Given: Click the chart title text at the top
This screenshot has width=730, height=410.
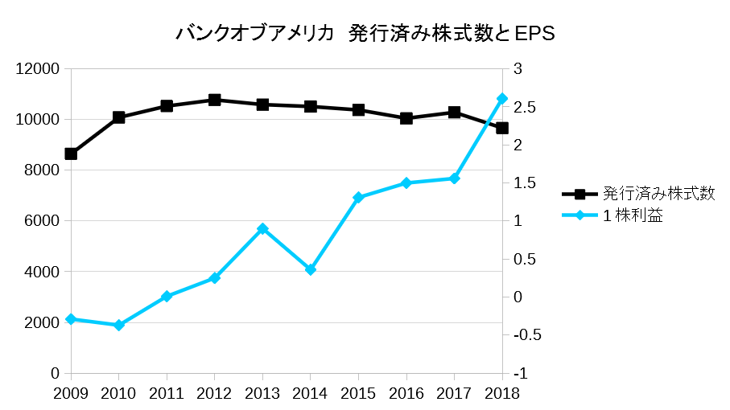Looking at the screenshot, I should click(x=365, y=35).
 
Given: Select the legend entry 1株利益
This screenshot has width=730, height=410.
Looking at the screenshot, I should click(x=633, y=215).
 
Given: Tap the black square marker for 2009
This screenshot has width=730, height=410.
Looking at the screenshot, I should click(x=71, y=154).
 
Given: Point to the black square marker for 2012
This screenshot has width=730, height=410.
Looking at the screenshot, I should click(x=215, y=100).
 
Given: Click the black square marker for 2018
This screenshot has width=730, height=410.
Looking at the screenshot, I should click(x=502, y=128).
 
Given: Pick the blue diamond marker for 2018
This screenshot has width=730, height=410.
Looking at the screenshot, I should click(x=502, y=99).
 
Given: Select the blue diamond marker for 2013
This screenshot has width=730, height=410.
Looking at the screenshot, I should click(x=262, y=229).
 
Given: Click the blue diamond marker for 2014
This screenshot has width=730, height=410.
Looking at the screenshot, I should click(x=311, y=270).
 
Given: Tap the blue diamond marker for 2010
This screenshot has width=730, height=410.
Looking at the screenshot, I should click(x=119, y=326).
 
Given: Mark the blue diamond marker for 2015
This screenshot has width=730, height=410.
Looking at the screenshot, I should click(x=358, y=197).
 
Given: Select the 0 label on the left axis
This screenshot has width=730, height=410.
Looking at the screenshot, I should click(x=55, y=374).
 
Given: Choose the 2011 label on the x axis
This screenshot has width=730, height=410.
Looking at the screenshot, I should click(x=167, y=393).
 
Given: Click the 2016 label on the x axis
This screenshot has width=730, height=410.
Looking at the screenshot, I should click(x=406, y=393).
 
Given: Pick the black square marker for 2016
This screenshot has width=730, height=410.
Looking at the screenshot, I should click(x=406, y=118).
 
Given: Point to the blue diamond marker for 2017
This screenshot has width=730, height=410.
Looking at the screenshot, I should click(x=454, y=178).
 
